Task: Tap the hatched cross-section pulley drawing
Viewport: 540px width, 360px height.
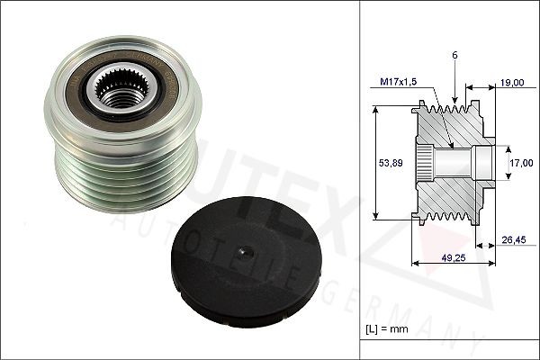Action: click(450, 162)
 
